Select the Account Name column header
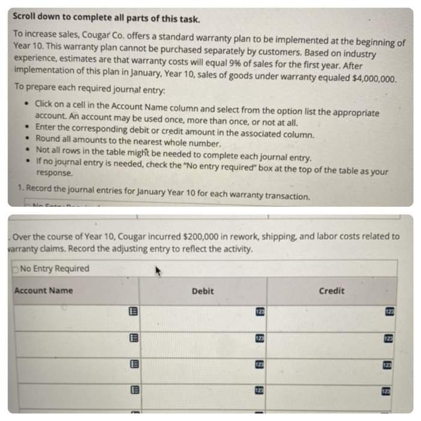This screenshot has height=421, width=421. point(43,290)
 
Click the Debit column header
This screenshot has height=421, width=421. point(203,290)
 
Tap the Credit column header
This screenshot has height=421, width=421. point(331,290)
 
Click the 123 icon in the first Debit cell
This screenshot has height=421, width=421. point(260,310)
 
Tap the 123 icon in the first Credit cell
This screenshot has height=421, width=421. point(390,310)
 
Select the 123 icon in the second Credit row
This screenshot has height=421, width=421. point(390,338)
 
